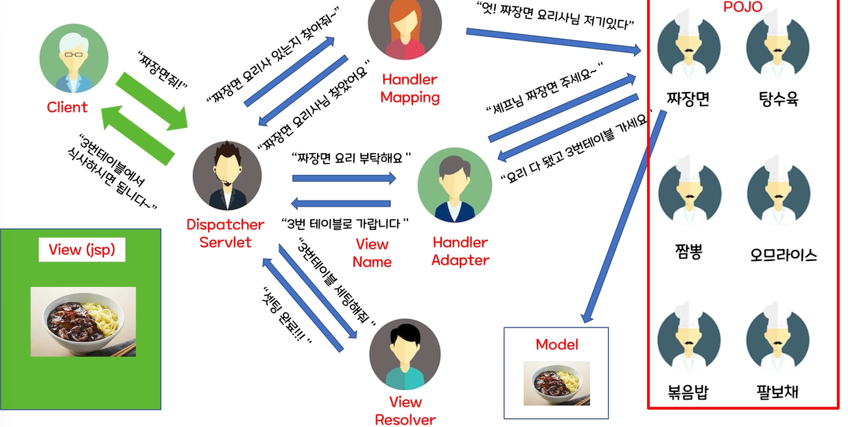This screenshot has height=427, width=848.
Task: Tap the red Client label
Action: (x=67, y=107)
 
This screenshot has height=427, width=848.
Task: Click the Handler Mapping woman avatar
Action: (x=404, y=29)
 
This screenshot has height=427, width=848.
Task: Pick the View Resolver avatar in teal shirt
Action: (x=404, y=354)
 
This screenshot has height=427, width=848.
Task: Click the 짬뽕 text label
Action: (x=688, y=252)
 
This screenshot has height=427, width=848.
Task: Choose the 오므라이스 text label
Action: (x=784, y=255)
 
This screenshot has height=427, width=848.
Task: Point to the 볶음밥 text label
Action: (x=688, y=393)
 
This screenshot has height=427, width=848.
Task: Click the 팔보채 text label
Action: (x=777, y=393)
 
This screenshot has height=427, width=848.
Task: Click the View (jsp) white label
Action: (x=82, y=250)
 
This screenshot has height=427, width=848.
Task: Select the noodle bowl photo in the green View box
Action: (x=83, y=321)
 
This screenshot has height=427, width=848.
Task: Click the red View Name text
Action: (x=372, y=253)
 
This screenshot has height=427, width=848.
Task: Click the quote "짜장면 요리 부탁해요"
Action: (x=351, y=157)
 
